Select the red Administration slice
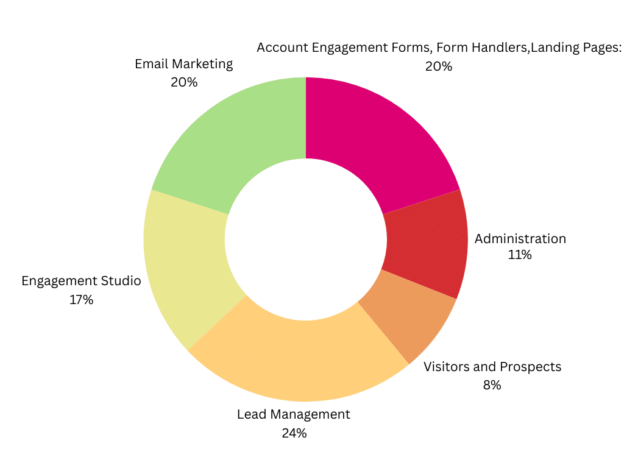[427, 244]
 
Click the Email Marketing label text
[183, 64]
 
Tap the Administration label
[520, 239]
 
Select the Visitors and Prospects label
[492, 367]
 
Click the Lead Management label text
[293, 415]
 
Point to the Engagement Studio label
[81, 282]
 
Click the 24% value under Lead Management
[294, 434]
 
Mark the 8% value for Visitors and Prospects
[492, 386]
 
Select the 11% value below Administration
[520, 255]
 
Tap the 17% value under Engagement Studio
[81, 300]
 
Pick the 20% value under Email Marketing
[183, 82]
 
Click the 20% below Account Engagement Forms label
[438, 67]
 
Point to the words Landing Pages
[576, 48]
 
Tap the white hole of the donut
[305, 239]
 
